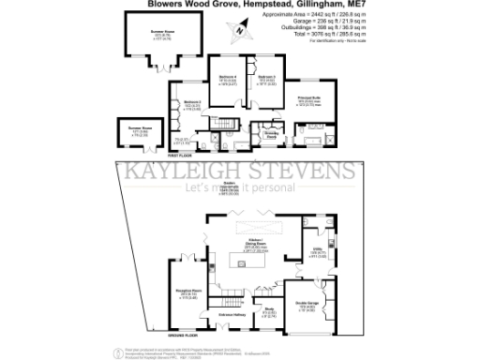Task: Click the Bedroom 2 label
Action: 192,105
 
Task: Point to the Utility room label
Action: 319,254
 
